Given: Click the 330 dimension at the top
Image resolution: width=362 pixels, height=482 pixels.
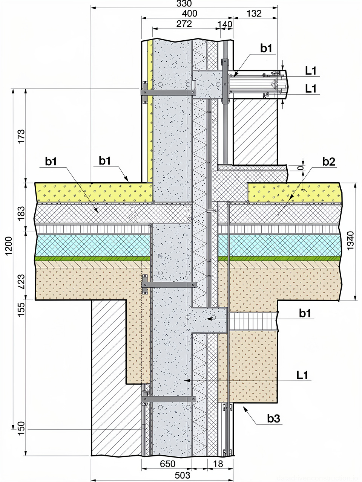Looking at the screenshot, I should click(x=184, y=4).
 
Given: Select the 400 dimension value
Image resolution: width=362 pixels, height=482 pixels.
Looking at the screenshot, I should click(x=189, y=14).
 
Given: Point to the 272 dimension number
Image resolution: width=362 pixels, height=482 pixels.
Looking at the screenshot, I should click(x=184, y=24).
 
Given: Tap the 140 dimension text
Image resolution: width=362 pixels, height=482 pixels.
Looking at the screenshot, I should click(x=225, y=24).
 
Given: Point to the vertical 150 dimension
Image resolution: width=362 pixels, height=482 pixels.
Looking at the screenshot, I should click(x=21, y=429).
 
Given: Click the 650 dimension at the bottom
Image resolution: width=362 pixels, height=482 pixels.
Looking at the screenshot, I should click(x=167, y=464).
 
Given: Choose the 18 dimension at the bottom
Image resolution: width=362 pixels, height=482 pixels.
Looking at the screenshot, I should click(x=218, y=464).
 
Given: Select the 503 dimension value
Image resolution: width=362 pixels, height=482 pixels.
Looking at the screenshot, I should click(x=183, y=475).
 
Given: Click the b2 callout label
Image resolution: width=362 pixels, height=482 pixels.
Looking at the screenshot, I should click(x=328, y=162).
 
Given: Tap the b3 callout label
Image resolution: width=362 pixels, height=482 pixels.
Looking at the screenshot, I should click(x=274, y=418).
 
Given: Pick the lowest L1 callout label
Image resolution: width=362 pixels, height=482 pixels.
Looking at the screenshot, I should click(x=302, y=375).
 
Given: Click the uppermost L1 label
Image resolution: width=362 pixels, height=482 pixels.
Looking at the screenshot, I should click(x=311, y=70).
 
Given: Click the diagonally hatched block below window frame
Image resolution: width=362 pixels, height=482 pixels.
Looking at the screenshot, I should click(x=255, y=132).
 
